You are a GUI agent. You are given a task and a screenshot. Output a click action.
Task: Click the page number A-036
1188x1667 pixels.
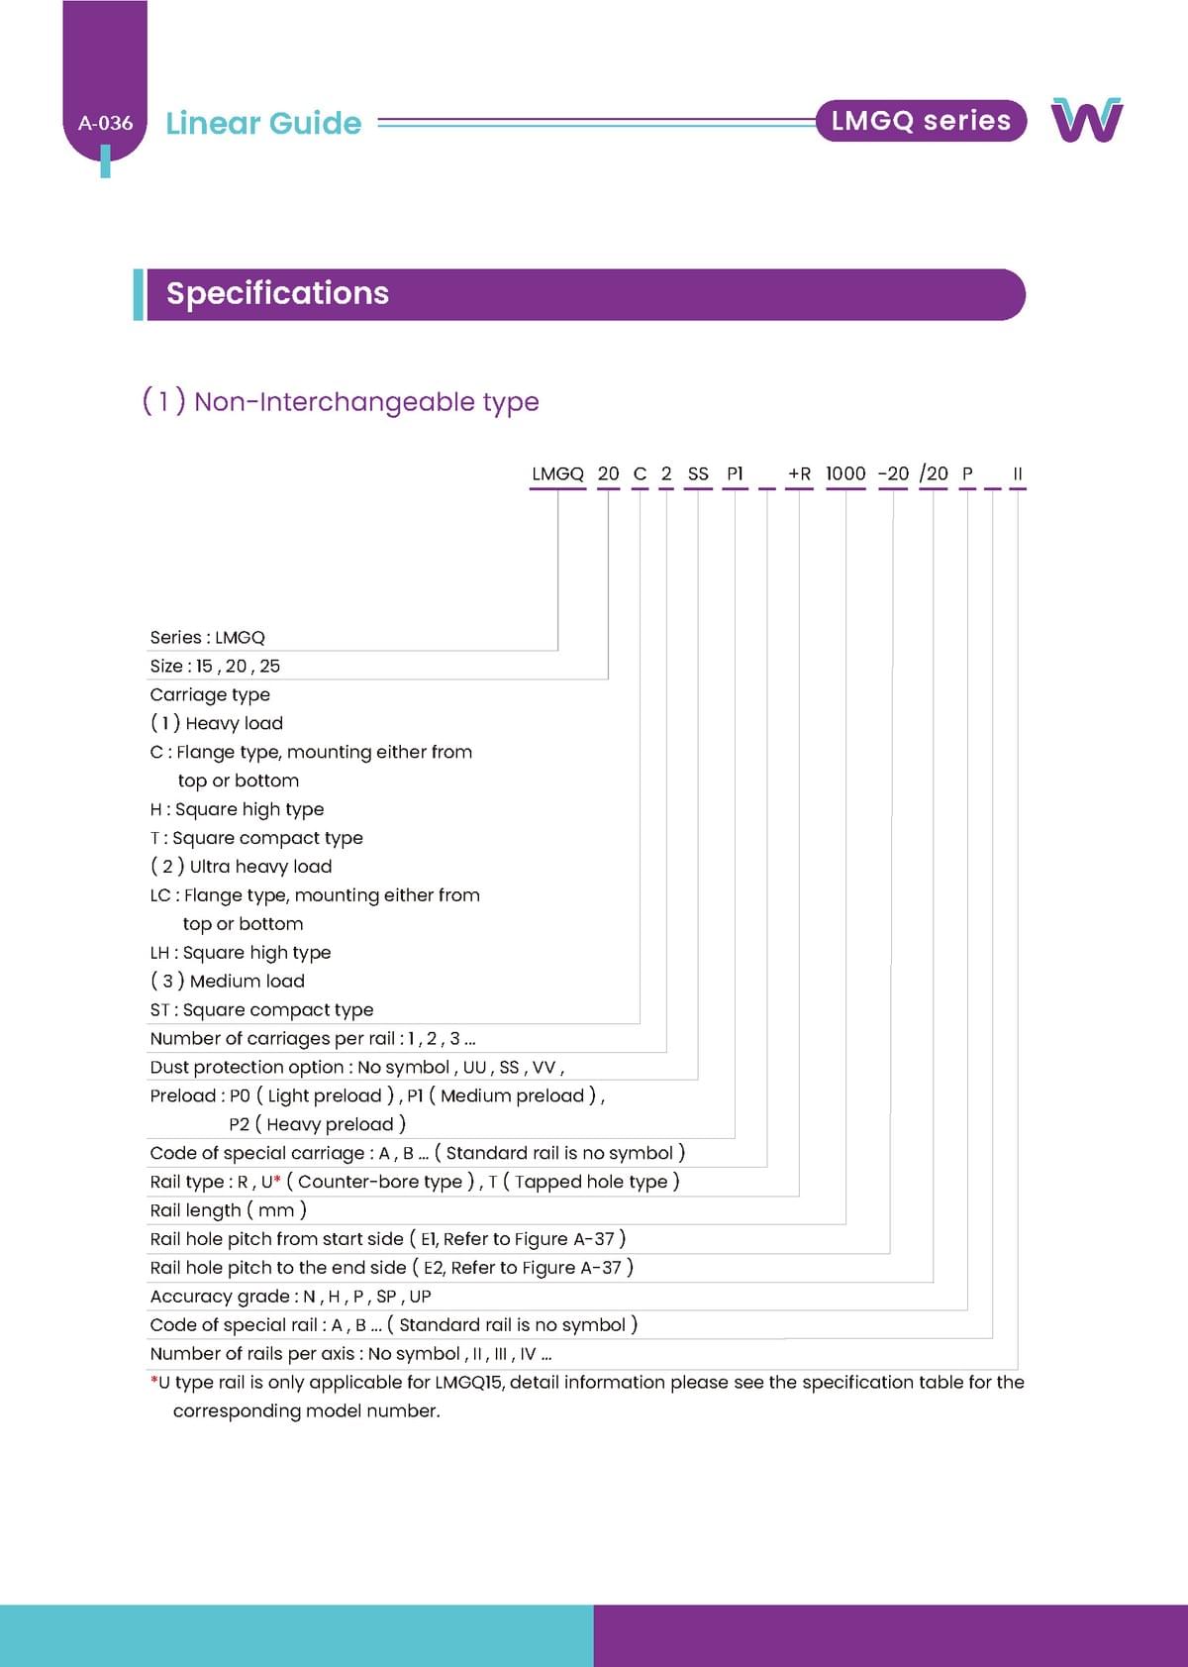pos(105,124)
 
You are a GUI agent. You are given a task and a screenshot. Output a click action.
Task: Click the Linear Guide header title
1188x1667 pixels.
pos(263,123)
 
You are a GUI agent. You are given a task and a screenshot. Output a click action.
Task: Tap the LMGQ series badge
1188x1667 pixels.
pos(921,121)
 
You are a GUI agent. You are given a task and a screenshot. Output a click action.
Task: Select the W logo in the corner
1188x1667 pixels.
pos(1086,120)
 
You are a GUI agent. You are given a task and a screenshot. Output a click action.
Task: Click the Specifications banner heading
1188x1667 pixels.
pos(277,293)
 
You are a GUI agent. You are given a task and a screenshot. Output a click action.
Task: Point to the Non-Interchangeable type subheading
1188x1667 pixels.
pos(342,401)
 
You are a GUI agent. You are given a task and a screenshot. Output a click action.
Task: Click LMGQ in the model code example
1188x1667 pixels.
pos(557,473)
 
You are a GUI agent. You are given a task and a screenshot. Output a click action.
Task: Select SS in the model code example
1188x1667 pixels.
pos(698,473)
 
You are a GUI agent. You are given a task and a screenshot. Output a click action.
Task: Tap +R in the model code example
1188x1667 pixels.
pos(799,473)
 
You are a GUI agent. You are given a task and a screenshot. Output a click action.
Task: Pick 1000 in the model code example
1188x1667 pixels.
pos(845,473)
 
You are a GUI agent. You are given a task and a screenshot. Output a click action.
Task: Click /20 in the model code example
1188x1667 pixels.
pos(934,473)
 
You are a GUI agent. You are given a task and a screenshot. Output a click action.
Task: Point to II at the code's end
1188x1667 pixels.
pos(1017,473)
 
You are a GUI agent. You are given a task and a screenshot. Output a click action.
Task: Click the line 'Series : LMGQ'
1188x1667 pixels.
pos(208,637)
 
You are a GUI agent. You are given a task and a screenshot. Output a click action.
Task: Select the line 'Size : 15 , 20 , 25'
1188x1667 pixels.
pos(215,666)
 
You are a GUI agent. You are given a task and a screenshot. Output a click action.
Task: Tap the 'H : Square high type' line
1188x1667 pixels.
pos(237,809)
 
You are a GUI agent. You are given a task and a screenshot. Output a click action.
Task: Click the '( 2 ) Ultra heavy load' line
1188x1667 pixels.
pos(241,867)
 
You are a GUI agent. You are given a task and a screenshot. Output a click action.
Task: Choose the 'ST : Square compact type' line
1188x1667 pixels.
pos(261,1009)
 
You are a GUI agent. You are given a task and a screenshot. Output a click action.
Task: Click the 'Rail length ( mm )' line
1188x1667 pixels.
pos(228,1209)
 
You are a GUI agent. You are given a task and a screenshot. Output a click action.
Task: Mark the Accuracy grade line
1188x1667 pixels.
pos(290,1296)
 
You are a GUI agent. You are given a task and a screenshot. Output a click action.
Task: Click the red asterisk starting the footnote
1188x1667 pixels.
pos(153,1380)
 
